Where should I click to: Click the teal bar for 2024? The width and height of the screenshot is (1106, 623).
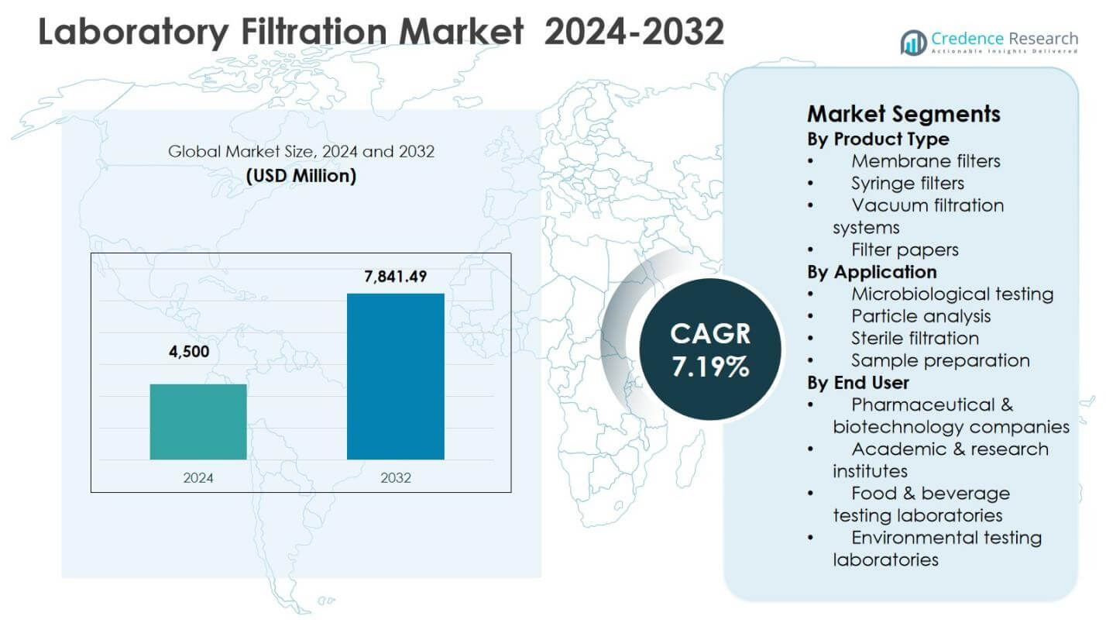[x=198, y=422]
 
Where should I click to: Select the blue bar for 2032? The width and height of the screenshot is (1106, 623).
[x=395, y=377]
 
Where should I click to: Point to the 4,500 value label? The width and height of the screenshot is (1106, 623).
[x=189, y=353]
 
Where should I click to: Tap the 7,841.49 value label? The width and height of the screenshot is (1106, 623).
[x=395, y=276]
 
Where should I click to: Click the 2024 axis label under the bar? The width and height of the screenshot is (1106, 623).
[x=198, y=478]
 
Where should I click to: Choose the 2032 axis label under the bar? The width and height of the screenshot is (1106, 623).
[x=396, y=478]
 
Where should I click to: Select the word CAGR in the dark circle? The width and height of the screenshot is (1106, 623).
[x=710, y=334]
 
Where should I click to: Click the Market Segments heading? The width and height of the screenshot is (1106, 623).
[x=903, y=114]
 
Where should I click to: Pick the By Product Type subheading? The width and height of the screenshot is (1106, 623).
[x=878, y=139]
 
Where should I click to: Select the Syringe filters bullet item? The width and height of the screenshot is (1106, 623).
[x=908, y=183]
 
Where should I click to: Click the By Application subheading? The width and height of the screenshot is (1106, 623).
[x=871, y=272]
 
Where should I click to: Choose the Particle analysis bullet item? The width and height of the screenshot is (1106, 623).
[x=921, y=316]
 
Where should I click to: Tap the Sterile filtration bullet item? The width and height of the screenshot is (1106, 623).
[x=915, y=338]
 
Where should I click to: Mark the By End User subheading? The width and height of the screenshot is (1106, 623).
[x=858, y=382]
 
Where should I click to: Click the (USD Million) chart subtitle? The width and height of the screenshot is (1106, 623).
[x=301, y=176]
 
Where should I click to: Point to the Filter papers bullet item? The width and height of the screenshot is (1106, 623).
[x=905, y=250]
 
